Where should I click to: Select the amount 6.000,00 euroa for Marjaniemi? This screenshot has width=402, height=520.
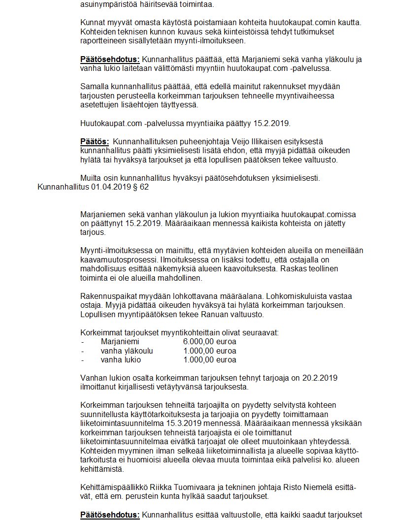[209, 341]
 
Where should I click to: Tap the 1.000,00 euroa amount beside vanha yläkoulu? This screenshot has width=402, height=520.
[209, 351]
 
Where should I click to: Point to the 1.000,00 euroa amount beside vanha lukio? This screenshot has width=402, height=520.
[209, 359]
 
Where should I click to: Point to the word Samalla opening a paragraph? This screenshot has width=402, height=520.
[94, 87]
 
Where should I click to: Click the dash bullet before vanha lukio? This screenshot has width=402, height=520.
[82, 360]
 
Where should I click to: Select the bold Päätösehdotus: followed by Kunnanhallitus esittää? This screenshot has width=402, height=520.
[110, 515]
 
